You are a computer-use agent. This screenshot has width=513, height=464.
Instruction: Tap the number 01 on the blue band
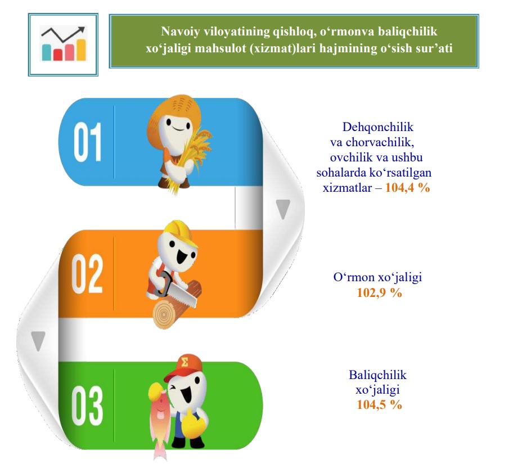87,142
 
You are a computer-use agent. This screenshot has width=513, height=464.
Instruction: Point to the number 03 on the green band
87,406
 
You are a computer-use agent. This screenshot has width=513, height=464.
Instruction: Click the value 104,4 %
407,187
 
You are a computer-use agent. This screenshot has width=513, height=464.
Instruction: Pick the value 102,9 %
379,292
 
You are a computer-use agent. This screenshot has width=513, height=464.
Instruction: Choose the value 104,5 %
379,405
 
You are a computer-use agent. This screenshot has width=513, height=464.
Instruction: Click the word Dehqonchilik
378,127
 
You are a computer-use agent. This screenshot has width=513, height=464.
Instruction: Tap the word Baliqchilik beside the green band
377,375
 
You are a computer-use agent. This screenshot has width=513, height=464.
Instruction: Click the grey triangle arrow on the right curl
283,209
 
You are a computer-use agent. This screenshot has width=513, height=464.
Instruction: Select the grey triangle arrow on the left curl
38,341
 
